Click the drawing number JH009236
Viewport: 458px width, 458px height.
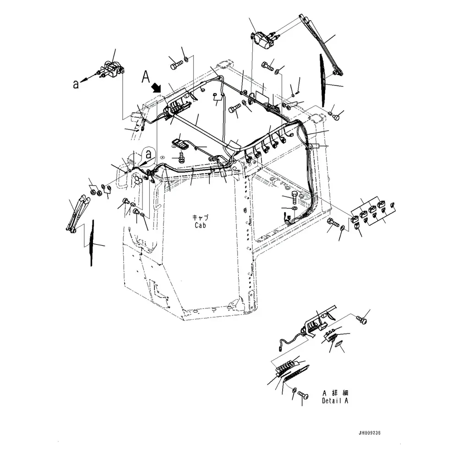tap(371, 433)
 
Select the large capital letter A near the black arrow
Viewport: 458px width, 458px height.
tap(146, 76)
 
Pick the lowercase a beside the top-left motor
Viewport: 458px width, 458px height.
tap(76, 84)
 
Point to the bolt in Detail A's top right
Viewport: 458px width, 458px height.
tap(362, 317)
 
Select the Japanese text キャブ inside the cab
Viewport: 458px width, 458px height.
tap(201, 218)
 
